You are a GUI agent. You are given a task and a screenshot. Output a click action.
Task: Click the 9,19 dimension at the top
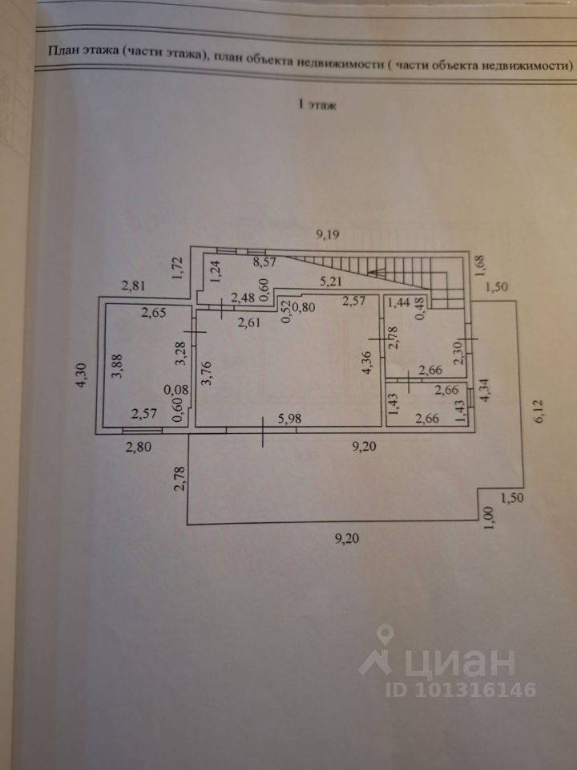(x=329, y=234)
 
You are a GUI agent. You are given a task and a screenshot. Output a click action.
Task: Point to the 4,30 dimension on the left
(x=80, y=375)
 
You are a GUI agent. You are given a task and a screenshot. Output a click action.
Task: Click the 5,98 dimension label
(x=290, y=418)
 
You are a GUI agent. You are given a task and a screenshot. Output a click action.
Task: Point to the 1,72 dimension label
(x=178, y=267)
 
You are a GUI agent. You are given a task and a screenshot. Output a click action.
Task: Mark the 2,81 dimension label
(x=134, y=284)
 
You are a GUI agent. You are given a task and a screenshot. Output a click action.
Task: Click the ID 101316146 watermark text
(x=460, y=690)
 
